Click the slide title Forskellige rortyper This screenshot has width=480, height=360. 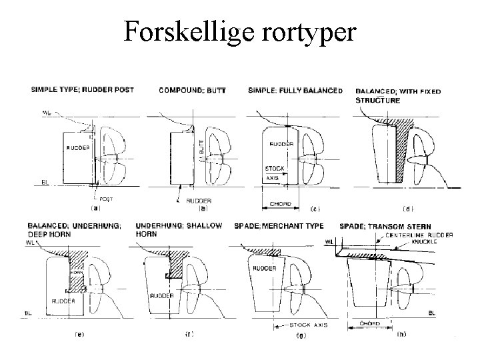coord(240,31)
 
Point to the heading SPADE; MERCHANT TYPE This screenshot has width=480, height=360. coord(285,227)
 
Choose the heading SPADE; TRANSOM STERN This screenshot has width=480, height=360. coord(385,227)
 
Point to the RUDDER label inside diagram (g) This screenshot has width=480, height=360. coord(265,267)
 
